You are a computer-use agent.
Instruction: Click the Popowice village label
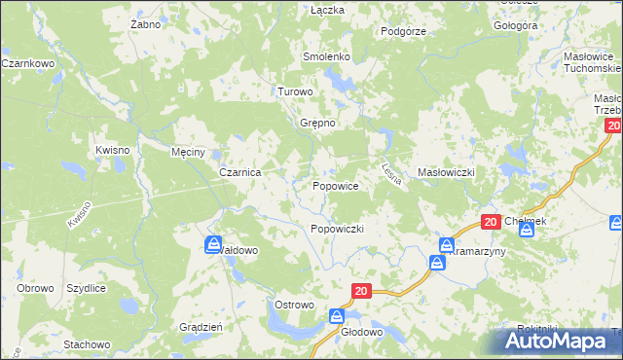(336, 185)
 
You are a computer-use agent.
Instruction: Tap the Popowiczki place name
(337, 229)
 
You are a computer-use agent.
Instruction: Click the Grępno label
(317, 124)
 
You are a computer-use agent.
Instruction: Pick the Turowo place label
(296, 91)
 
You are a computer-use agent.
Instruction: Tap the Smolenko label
(326, 57)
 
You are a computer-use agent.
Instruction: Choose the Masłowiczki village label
(445, 172)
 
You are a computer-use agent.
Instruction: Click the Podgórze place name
(403, 31)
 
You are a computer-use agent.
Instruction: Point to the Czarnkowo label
(26, 63)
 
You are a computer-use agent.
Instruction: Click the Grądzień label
(202, 327)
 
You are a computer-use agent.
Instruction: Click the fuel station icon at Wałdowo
(213, 244)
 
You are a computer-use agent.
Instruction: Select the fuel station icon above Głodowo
(336, 315)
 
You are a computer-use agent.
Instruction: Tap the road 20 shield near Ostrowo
(361, 290)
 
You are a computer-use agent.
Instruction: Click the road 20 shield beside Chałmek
(491, 222)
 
